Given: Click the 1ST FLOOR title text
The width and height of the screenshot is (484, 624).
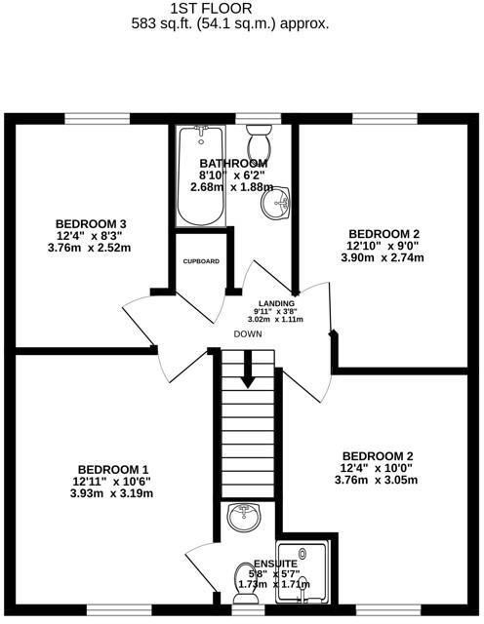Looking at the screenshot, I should [x=230, y=8].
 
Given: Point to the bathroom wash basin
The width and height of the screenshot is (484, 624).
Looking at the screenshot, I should [x=280, y=203].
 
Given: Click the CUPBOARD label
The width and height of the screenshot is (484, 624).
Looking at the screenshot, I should [x=201, y=261].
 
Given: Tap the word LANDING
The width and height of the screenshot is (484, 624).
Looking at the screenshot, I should [x=275, y=304].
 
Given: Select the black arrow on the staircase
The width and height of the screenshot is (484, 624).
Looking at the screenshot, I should [x=249, y=368].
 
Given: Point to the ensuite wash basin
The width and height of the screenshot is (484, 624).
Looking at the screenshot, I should [x=241, y=518].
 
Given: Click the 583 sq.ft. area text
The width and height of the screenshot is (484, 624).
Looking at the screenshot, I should [x=230, y=22].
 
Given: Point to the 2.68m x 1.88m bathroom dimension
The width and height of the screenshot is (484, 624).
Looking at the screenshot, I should [x=231, y=186].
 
